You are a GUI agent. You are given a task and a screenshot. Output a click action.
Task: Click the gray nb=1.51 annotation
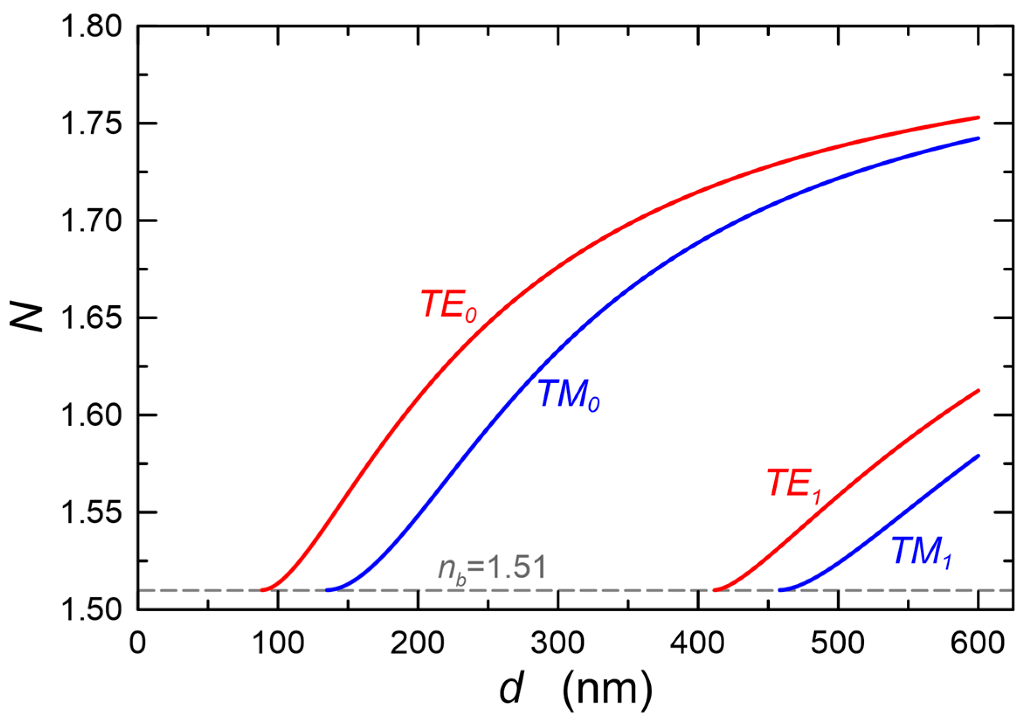492,569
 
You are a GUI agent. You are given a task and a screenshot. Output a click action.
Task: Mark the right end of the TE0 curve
978,117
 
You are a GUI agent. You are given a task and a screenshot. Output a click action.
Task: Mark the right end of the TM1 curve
978,456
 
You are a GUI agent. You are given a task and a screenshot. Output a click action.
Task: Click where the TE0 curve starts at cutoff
262,590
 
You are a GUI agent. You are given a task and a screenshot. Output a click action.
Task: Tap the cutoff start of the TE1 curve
715,590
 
